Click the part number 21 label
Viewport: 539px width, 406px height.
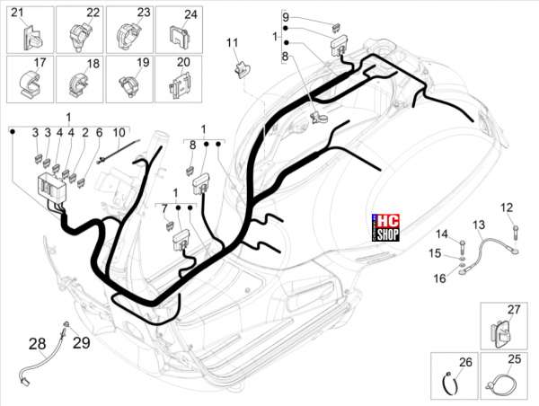[x=17, y=13]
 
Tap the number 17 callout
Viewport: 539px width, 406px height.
[x=40, y=63]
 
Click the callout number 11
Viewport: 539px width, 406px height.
[x=232, y=43]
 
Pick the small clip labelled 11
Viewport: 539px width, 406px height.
[x=243, y=68]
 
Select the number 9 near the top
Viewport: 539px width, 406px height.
[x=286, y=16]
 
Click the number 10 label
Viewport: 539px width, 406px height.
[x=119, y=132]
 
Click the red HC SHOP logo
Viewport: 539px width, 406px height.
[x=385, y=227]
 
